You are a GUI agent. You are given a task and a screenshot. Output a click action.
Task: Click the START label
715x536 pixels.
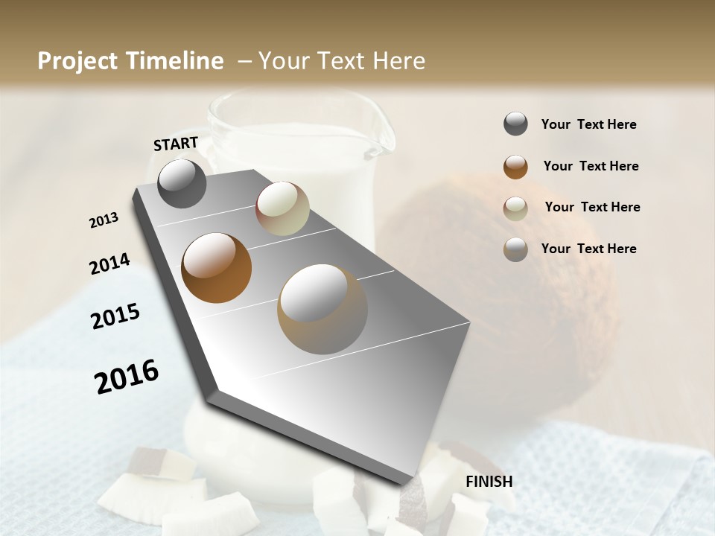176,144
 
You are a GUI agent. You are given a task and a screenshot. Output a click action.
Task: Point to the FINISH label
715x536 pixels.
489,482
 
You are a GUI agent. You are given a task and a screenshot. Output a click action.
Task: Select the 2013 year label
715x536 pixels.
104,220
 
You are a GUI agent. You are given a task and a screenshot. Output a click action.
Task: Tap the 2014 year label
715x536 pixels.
109,264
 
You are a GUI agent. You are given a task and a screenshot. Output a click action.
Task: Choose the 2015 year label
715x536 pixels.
115,316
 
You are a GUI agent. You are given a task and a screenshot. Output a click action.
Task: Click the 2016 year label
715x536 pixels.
127,376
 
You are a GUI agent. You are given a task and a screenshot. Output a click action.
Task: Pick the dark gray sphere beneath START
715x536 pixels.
182,183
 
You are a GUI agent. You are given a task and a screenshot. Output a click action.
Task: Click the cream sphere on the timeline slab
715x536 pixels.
282,208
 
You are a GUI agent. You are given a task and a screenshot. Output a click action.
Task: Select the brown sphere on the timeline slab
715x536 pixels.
216,268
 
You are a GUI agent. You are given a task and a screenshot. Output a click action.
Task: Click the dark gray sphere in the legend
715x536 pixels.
515,124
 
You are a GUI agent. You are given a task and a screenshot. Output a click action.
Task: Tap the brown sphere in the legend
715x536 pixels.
515,167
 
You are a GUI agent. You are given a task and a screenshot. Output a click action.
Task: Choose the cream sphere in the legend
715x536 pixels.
515,208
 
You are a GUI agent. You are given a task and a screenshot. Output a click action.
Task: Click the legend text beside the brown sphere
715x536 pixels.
591,166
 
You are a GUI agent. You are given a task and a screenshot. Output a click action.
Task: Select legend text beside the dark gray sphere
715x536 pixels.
588,124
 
